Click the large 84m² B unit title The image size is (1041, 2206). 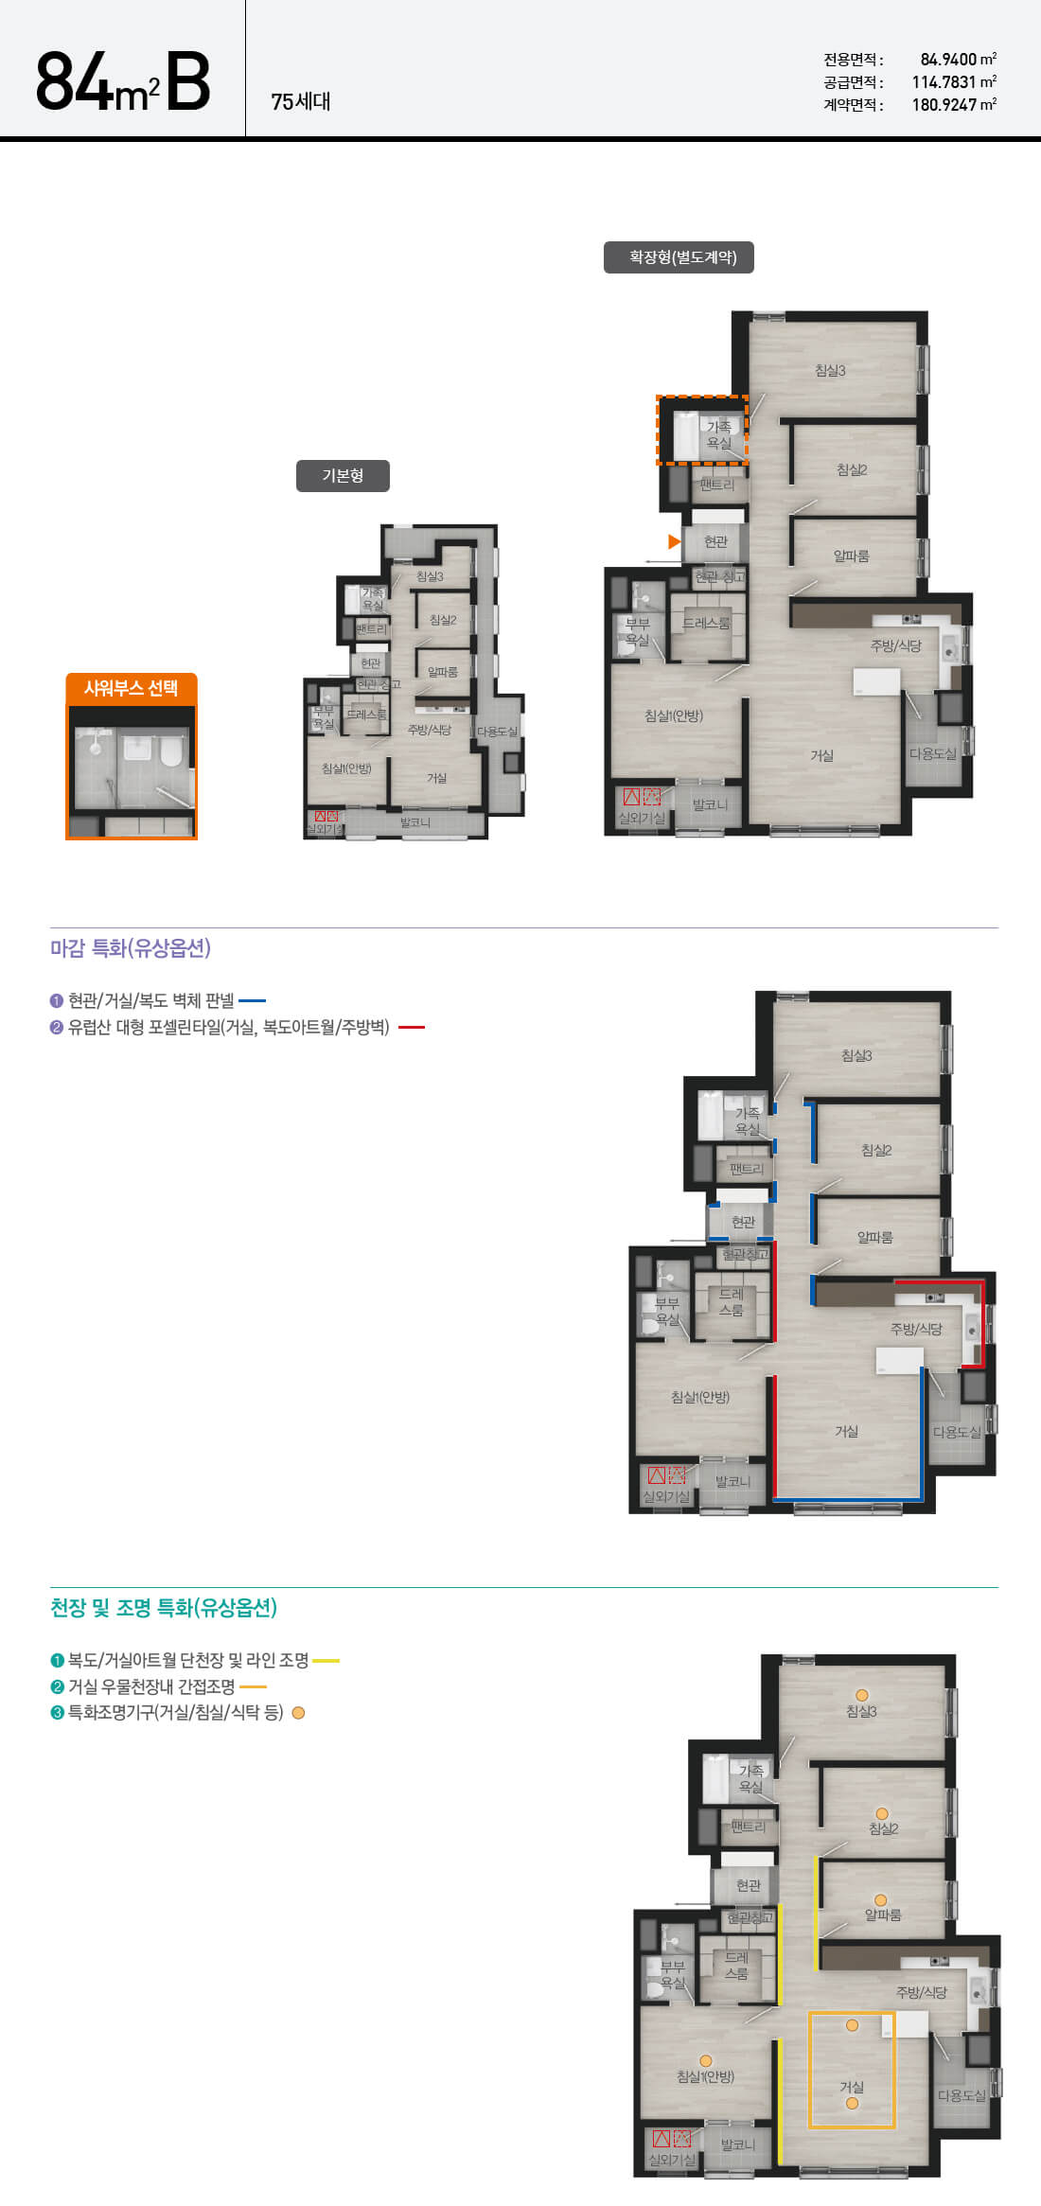[x=123, y=82]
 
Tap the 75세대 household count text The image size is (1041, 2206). [x=301, y=101]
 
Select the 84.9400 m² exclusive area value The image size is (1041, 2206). [x=958, y=60]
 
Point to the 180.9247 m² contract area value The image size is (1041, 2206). [x=954, y=105]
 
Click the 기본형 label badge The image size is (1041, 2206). [x=343, y=476]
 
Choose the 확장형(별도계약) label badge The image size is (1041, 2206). [x=679, y=257]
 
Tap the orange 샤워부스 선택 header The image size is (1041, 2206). [x=132, y=688]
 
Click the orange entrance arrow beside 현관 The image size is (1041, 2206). [x=674, y=541]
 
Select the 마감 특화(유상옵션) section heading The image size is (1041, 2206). [x=131, y=948]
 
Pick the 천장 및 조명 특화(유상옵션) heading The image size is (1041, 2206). [x=164, y=1608]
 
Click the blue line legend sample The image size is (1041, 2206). [x=252, y=1000]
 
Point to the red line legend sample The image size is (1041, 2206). [x=412, y=1027]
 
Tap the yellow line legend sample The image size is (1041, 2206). [x=326, y=1660]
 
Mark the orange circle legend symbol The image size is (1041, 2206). [x=298, y=1713]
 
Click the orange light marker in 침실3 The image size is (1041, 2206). [x=861, y=1695]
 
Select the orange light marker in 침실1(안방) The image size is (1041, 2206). [x=705, y=2060]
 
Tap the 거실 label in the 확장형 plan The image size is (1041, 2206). [x=821, y=755]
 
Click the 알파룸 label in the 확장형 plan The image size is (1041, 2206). [x=851, y=556]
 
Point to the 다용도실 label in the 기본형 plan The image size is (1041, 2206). [x=497, y=732]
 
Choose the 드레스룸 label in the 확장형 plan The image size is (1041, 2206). [x=706, y=624]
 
